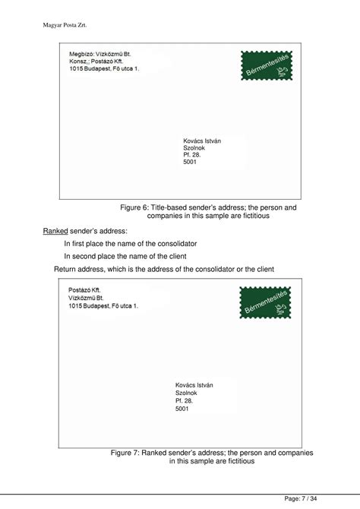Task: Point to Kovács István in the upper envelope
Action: click(202, 141)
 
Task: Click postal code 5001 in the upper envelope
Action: click(190, 162)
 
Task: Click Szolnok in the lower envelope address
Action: click(186, 393)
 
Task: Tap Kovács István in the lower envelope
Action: click(194, 385)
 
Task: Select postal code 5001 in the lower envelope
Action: click(182, 409)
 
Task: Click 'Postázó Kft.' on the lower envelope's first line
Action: click(84, 291)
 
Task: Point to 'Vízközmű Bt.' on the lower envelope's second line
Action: click(85, 298)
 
